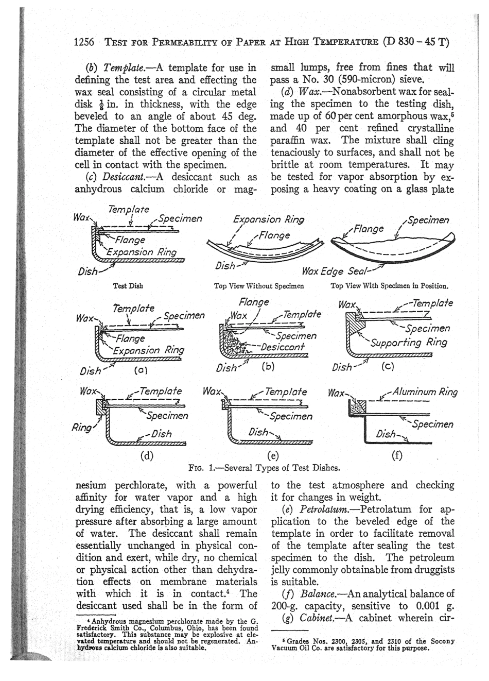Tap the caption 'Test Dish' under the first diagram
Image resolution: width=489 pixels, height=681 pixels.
[128, 285]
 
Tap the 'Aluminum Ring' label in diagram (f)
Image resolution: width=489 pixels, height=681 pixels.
[425, 392]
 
